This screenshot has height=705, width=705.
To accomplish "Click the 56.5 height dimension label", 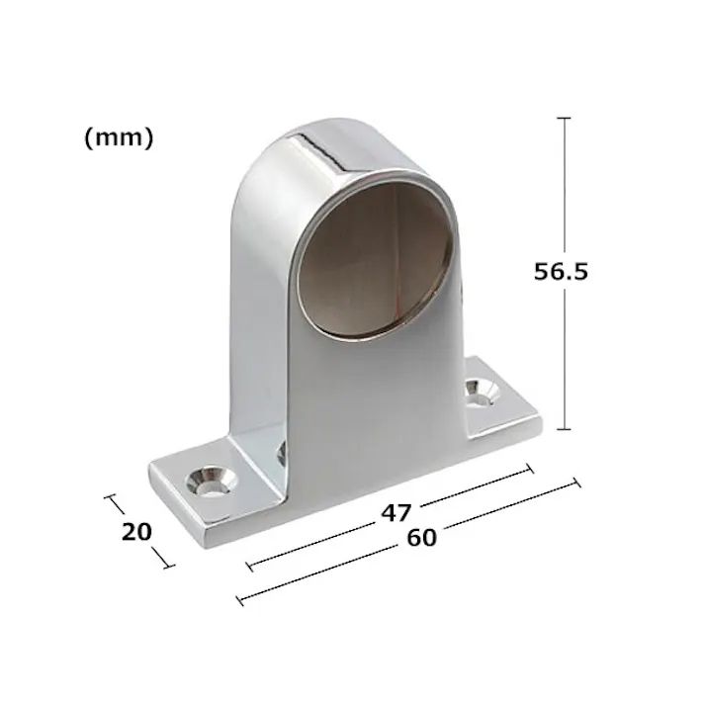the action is [x=561, y=272].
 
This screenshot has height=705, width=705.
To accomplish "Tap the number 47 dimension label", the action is [x=397, y=512].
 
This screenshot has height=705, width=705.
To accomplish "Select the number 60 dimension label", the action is [x=421, y=538].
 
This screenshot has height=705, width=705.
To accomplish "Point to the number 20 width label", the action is [x=136, y=532].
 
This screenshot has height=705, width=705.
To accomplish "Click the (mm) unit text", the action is [x=119, y=137].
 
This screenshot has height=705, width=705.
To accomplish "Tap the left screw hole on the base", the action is [x=212, y=482].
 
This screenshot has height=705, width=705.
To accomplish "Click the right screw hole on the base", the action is [x=482, y=393].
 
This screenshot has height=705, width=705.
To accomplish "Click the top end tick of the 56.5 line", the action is [x=564, y=118].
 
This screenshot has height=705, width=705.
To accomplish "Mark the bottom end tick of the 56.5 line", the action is [x=564, y=429].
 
